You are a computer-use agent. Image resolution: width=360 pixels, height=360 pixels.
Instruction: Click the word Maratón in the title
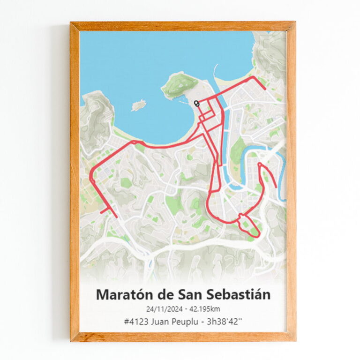(x=119, y=295)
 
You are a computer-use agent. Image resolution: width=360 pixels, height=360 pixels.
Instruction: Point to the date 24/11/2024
(x=165, y=308)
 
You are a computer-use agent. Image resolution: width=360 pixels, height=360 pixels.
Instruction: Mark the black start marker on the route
(x=196, y=104)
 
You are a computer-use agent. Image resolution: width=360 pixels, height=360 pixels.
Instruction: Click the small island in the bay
(x=138, y=105)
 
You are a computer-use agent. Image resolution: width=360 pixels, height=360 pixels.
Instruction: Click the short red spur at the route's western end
(x=104, y=210)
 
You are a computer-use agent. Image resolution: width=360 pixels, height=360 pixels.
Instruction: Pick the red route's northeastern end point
(x=265, y=88)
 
